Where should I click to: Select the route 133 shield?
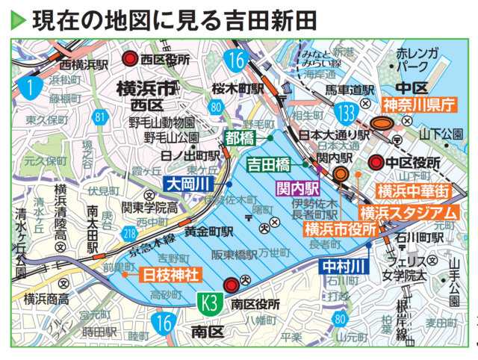(x=346, y=113)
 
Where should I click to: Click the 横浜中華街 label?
(x=413, y=191)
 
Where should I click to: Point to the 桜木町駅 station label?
(x=238, y=88)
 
